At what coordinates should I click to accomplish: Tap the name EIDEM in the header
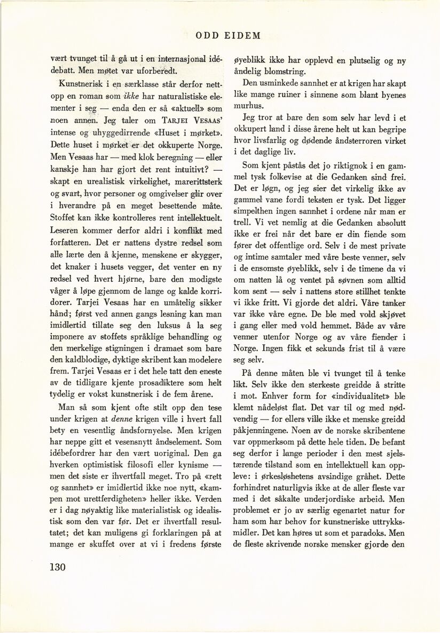click(x=241, y=36)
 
